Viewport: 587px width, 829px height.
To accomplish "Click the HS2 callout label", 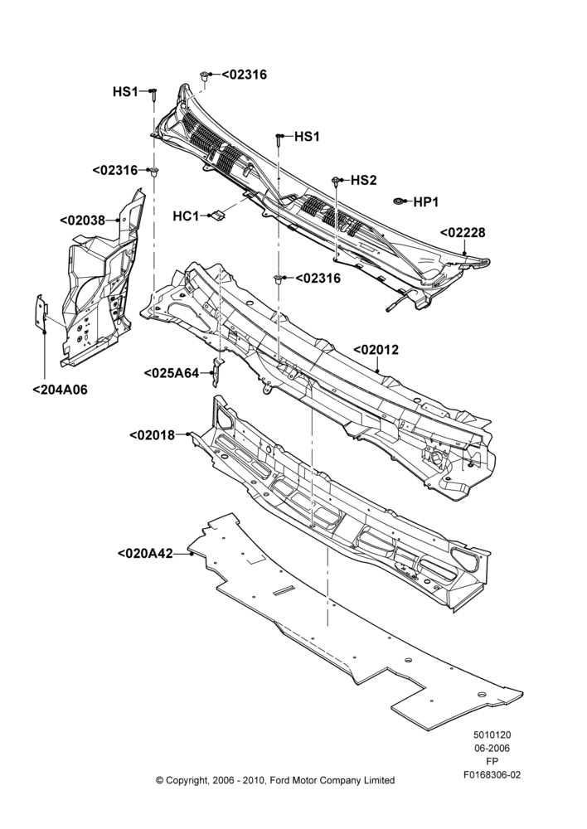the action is click(x=364, y=181).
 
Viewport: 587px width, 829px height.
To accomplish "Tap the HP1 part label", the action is click(x=425, y=202).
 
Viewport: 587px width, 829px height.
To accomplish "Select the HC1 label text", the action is click(x=186, y=216).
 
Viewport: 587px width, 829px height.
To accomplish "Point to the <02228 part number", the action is click(x=462, y=233).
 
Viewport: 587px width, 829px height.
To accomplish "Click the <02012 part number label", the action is click(x=376, y=350).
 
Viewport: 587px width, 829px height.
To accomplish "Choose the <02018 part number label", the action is click(x=152, y=435).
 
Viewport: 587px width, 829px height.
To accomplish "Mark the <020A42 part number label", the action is click(x=145, y=554).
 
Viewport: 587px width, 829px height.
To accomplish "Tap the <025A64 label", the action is click(x=172, y=373).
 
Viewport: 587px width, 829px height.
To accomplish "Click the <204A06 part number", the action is click(x=60, y=390).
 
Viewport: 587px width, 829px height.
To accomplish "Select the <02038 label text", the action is click(x=83, y=220).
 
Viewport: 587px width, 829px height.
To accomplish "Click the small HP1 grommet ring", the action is click(x=399, y=201).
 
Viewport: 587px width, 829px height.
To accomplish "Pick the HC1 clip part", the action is click(x=217, y=216).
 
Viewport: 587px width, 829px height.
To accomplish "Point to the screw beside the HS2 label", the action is click(x=335, y=182).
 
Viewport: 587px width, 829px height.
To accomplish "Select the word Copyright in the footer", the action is click(x=187, y=780).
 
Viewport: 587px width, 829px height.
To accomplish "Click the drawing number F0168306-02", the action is click(x=492, y=775).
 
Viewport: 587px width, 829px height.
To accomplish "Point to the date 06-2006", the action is click(x=492, y=748).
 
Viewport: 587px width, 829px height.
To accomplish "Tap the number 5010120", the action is click(x=492, y=734).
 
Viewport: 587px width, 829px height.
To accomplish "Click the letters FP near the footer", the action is click(x=492, y=762).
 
